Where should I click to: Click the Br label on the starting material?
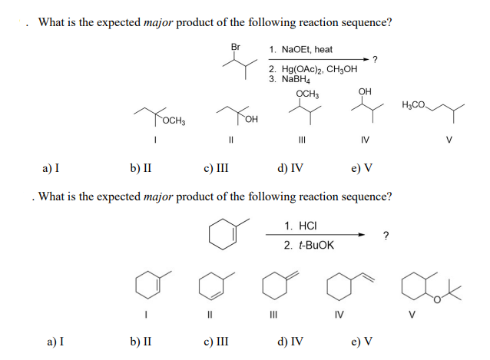point(236,47)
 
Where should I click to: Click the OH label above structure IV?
point(365,92)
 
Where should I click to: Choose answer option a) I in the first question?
point(53,168)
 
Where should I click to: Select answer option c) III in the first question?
point(216,168)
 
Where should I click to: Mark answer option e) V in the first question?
point(363,168)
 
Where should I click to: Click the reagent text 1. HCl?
point(300,226)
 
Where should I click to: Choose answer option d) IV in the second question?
point(290,341)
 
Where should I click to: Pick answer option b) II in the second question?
point(138,341)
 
